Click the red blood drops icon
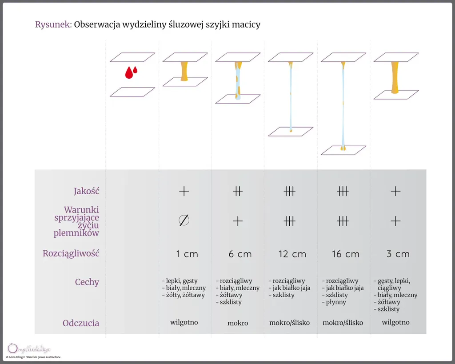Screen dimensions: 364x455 coord(131,72)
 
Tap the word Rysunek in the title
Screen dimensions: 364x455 coord(53,24)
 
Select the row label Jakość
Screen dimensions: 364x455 coord(86,191)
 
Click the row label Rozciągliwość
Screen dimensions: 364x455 coord(71,254)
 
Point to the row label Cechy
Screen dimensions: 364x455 coord(87,282)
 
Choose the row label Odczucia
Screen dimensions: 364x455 coord(81,323)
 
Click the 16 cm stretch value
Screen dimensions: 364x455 coord(345,254)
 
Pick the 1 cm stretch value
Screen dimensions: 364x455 coord(187,254)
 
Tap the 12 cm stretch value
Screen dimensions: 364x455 coord(292,254)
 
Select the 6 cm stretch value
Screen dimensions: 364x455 coord(240,254)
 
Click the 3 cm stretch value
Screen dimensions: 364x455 coord(398,254)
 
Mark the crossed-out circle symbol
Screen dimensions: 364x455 coord(184,220)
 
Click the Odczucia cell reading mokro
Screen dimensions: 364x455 coord(238,323)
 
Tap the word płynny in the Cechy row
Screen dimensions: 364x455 coord(335,302)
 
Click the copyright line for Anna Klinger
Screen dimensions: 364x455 coord(34,357)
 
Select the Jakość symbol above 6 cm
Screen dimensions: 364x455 coord(238,192)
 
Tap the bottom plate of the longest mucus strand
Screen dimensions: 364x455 coord(343,150)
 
